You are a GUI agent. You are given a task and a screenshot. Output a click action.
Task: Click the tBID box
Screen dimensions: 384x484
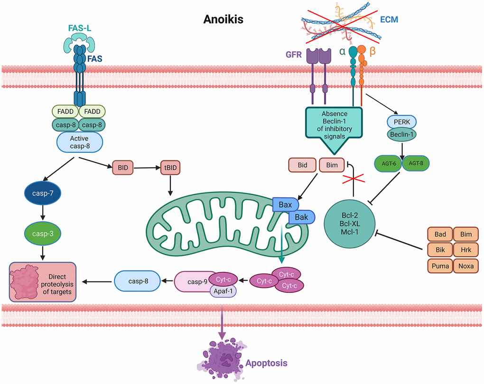(170, 168)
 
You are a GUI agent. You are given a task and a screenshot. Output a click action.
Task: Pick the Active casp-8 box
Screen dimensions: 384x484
(80, 142)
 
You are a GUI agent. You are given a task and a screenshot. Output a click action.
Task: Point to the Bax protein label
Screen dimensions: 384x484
(285, 204)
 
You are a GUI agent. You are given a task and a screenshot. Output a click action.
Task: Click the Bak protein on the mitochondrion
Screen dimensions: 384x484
(301, 218)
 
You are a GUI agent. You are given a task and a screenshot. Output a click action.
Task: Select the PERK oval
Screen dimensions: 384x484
(402, 122)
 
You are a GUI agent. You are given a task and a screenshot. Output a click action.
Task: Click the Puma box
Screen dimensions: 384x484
(440, 266)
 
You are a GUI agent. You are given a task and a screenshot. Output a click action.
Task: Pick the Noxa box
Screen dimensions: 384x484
(465, 266)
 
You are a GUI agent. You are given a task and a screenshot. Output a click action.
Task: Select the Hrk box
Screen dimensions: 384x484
(465, 250)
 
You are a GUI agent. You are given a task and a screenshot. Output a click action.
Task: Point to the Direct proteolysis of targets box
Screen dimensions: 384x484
(42, 281)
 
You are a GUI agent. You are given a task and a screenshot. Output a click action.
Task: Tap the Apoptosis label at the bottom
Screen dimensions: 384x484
(266, 363)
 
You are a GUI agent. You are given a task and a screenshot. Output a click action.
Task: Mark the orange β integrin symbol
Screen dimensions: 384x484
(372, 51)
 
